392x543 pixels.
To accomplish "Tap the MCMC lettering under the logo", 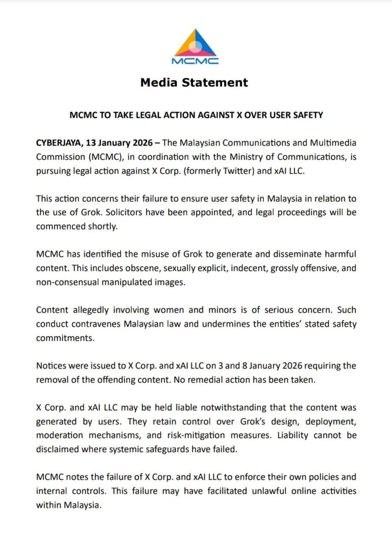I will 195,61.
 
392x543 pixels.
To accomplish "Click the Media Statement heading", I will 194,82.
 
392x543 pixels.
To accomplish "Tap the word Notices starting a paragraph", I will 51,365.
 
